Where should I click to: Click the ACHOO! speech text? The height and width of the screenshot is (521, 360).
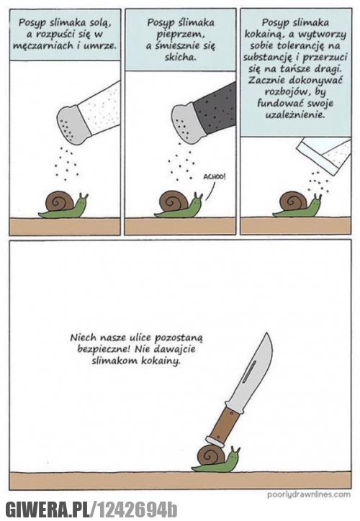(214, 177)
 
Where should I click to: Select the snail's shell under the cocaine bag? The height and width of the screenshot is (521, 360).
(291, 201)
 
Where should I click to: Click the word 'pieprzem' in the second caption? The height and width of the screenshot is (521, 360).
(180, 35)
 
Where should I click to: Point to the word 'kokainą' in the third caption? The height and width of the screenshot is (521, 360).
(259, 35)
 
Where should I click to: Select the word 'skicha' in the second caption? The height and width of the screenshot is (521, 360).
(180, 57)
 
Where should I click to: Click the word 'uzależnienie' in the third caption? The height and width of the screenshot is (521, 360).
(294, 114)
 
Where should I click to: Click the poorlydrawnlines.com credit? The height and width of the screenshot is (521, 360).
(309, 494)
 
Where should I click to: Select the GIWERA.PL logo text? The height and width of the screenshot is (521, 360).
(49, 509)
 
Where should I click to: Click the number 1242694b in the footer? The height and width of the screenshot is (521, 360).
(136, 509)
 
